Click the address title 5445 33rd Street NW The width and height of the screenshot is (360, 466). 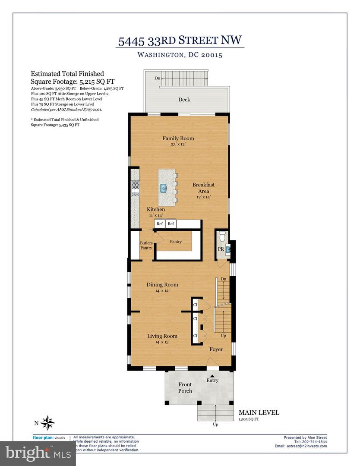tap(181, 41)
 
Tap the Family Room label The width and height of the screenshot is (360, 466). tap(178, 139)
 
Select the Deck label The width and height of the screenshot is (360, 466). tap(184, 100)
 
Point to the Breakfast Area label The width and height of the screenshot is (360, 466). tap(203, 188)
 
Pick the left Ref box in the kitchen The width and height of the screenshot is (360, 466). tap(160, 224)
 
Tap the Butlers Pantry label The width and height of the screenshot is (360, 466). tap(146, 246)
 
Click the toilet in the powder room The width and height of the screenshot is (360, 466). tap(222, 236)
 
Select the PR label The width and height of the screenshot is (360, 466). tap(221, 249)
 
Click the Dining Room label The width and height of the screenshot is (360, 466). tap(162, 285)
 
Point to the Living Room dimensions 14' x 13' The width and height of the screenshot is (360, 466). tap(162, 342)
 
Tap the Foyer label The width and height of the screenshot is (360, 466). tap(216, 349)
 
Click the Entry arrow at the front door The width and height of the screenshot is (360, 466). tap(212, 375)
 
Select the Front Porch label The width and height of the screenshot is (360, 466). tap(185, 387)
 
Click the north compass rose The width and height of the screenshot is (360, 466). tap(49, 422)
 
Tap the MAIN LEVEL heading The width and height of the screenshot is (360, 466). tap(259, 412)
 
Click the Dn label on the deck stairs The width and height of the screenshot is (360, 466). tap(159, 78)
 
